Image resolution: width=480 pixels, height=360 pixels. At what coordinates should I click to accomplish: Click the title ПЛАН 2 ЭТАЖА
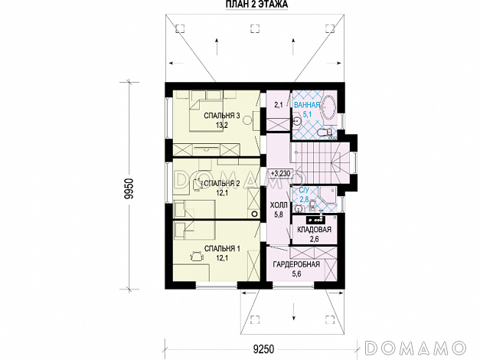[256, 5]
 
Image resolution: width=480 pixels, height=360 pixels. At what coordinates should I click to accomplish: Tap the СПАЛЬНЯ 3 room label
[222, 116]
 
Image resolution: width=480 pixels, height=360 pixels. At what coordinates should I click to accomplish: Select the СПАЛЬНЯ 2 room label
[222, 183]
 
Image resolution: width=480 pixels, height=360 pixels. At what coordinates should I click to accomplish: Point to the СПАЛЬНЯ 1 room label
[222, 248]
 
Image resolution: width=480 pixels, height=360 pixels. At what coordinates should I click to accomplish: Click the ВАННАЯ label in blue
[307, 105]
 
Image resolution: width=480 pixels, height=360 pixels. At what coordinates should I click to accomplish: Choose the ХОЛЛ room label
[279, 205]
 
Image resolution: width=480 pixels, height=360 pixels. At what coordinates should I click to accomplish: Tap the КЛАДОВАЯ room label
[314, 230]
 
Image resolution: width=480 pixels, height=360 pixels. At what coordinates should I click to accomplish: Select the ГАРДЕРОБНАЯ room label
[296, 264]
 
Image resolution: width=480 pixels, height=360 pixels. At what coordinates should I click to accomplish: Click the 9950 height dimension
[129, 188]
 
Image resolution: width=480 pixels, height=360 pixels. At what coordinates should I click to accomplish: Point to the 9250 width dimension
[263, 349]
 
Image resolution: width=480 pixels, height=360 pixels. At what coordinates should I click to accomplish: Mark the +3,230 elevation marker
[280, 173]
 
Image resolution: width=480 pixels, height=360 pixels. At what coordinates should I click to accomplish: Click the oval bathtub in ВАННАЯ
[328, 108]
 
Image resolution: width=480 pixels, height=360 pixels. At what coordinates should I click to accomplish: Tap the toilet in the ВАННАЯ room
[324, 133]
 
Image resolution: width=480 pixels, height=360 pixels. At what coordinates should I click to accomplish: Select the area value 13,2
[222, 126]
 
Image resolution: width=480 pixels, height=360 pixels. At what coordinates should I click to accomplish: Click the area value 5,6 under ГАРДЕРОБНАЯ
[296, 273]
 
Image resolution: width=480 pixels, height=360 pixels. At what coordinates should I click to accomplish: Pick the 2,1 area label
[279, 106]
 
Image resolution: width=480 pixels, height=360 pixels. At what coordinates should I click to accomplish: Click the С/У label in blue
[303, 191]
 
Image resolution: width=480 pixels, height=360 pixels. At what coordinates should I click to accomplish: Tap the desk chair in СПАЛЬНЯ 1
[197, 256]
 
